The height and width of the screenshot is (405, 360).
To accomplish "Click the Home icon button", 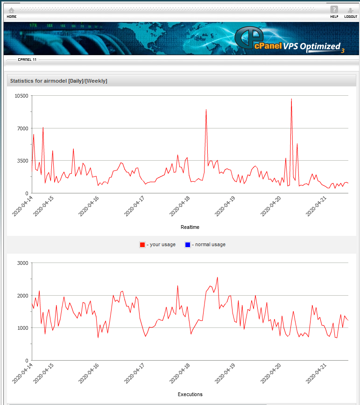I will coord(11,10).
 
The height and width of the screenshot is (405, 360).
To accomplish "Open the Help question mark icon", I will coord(334,10).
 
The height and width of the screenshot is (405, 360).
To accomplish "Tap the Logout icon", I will coord(350,10).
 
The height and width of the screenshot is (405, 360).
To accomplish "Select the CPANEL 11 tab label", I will coord(27,60).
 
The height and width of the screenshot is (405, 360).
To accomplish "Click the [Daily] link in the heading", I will coord(76,81).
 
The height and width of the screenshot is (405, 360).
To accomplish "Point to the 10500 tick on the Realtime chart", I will coord(21,96).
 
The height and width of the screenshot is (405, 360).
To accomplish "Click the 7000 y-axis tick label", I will coord(23,128).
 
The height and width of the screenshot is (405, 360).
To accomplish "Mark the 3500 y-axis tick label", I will coord(23,161).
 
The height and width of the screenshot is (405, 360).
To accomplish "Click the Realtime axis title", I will coord(190,227).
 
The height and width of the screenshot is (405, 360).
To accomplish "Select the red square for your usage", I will coord(142,245).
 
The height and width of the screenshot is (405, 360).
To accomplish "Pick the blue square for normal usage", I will coord(188,245).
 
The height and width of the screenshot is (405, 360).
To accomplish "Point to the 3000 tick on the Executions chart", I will coord(23,263).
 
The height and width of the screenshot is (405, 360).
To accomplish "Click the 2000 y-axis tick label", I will coord(23,296).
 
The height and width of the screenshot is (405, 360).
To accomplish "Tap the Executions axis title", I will coord(190,394).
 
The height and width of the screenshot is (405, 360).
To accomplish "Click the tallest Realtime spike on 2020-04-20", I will coord(291,99).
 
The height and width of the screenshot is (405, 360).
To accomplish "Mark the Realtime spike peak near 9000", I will coord(206,110).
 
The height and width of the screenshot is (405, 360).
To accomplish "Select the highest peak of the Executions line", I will coord(217,277).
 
